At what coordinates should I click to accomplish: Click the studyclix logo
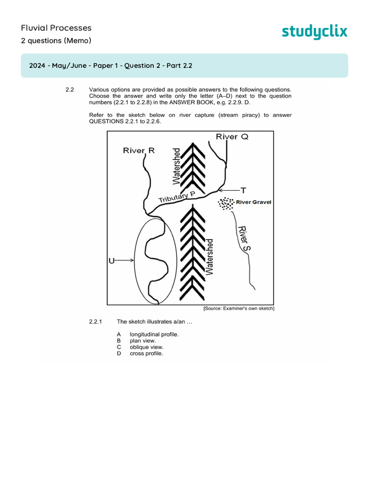[314, 32]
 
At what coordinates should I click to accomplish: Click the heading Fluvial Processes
[56, 27]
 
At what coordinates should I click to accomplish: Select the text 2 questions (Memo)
[56, 40]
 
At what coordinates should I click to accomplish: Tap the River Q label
[232, 137]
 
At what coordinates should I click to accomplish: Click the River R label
[139, 151]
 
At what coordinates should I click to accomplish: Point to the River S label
[244, 238]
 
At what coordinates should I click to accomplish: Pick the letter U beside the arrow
[111, 261]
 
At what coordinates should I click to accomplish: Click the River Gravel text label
[253, 202]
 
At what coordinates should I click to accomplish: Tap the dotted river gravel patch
[225, 204]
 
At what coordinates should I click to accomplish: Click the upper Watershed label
[177, 166]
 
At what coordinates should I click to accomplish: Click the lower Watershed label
[209, 256]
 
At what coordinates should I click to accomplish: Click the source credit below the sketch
[238, 308]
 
